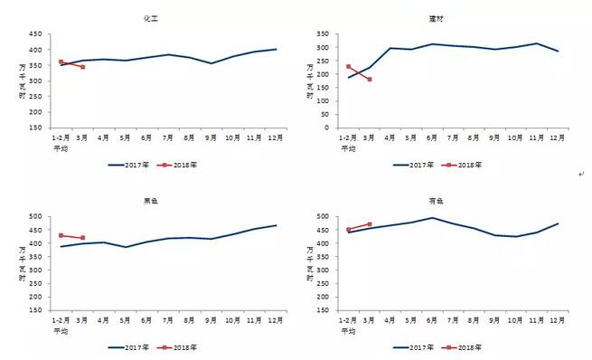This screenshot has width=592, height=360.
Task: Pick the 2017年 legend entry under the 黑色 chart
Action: coord(126,346)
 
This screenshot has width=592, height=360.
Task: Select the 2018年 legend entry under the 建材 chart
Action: coord(465,165)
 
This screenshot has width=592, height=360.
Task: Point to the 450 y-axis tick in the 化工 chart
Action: coord(35,34)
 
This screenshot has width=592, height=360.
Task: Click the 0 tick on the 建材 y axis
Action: coord(334,128)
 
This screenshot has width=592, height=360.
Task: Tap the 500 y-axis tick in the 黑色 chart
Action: coord(35,216)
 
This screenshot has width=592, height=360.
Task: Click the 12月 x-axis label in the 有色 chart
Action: coord(558,320)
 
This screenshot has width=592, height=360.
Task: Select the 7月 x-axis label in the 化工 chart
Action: coord(168,137)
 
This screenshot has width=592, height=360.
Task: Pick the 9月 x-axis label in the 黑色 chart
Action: coord(211,320)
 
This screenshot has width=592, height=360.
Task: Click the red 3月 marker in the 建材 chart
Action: coord(369,80)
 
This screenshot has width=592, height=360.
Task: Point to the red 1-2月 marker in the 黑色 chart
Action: coord(61,235)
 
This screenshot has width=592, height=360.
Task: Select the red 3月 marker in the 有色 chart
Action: coord(370,224)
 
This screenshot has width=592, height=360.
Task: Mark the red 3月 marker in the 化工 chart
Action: coord(82,67)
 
